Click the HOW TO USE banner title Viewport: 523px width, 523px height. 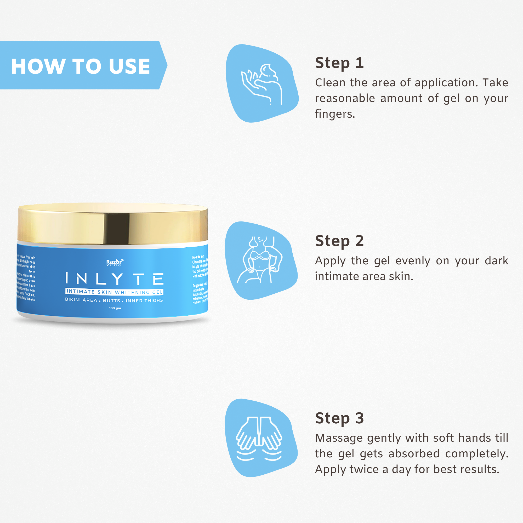(80, 66)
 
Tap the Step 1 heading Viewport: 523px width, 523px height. (339, 63)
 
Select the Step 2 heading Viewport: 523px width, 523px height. (339, 241)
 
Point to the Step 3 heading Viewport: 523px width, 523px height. (339, 418)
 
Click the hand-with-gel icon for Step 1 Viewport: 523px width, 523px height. (261, 84)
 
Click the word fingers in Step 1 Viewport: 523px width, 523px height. (335, 114)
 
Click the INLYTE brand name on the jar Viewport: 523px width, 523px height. (115, 279)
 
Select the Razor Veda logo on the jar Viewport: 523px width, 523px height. (115, 263)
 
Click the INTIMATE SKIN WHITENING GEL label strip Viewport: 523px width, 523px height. (115, 292)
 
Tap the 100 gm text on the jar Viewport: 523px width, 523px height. (115, 308)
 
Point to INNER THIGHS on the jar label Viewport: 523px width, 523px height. (144, 300)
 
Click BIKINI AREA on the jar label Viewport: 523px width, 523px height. (81, 300)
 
